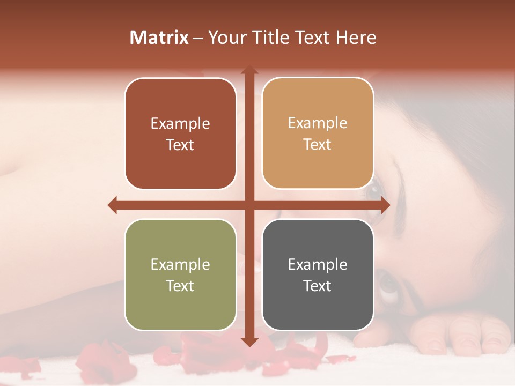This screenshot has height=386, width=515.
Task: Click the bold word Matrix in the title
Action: (x=159, y=38)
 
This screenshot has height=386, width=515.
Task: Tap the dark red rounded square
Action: (x=180, y=133)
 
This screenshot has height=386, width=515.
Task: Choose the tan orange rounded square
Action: (x=318, y=133)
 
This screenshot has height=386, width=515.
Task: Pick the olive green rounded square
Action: (x=180, y=274)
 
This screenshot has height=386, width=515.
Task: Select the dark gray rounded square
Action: (x=318, y=274)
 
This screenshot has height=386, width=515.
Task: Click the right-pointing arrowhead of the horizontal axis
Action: (x=384, y=205)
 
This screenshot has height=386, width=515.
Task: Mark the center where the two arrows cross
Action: (x=249, y=205)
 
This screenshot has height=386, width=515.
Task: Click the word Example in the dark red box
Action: (x=180, y=123)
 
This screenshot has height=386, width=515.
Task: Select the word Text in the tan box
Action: (x=318, y=144)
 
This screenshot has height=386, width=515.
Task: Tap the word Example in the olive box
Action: (x=180, y=264)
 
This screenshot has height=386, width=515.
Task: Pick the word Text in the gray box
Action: (x=318, y=286)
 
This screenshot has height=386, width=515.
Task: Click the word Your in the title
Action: (x=226, y=38)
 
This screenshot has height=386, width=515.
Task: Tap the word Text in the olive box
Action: (x=180, y=286)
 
